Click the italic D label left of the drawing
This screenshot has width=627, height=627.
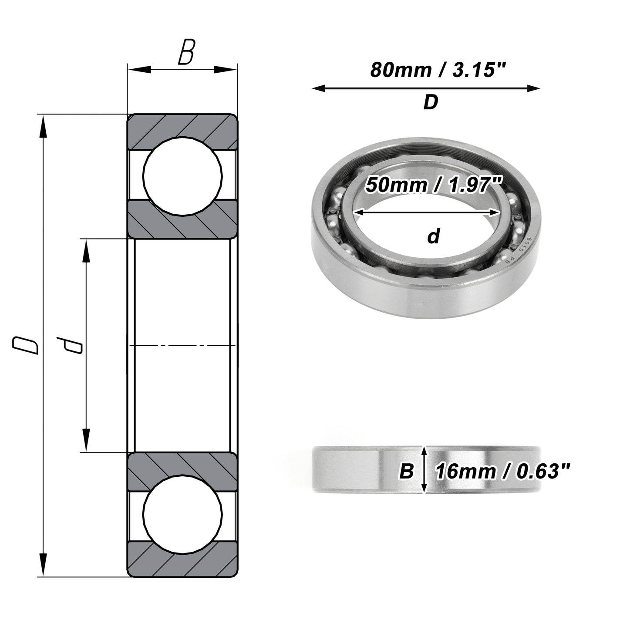[25, 345]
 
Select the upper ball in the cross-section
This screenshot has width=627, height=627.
[183, 176]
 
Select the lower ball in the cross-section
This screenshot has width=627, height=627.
[183, 515]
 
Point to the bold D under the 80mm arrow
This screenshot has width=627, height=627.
[431, 102]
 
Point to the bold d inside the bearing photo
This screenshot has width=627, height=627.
[434, 236]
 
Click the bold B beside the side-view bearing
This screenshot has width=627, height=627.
[406, 471]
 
